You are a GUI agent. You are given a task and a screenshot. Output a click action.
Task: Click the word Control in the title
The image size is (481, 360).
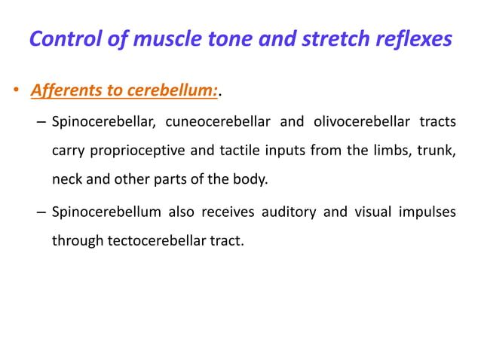(x=67, y=38)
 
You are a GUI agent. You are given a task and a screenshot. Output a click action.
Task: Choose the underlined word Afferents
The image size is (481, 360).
(x=63, y=91)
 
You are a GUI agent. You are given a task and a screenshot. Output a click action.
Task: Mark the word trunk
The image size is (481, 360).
(x=438, y=151)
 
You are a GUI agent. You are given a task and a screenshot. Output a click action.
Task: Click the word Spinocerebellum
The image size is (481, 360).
(x=106, y=212)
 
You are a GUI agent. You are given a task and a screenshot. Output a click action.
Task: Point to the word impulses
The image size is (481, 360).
(x=427, y=212)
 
